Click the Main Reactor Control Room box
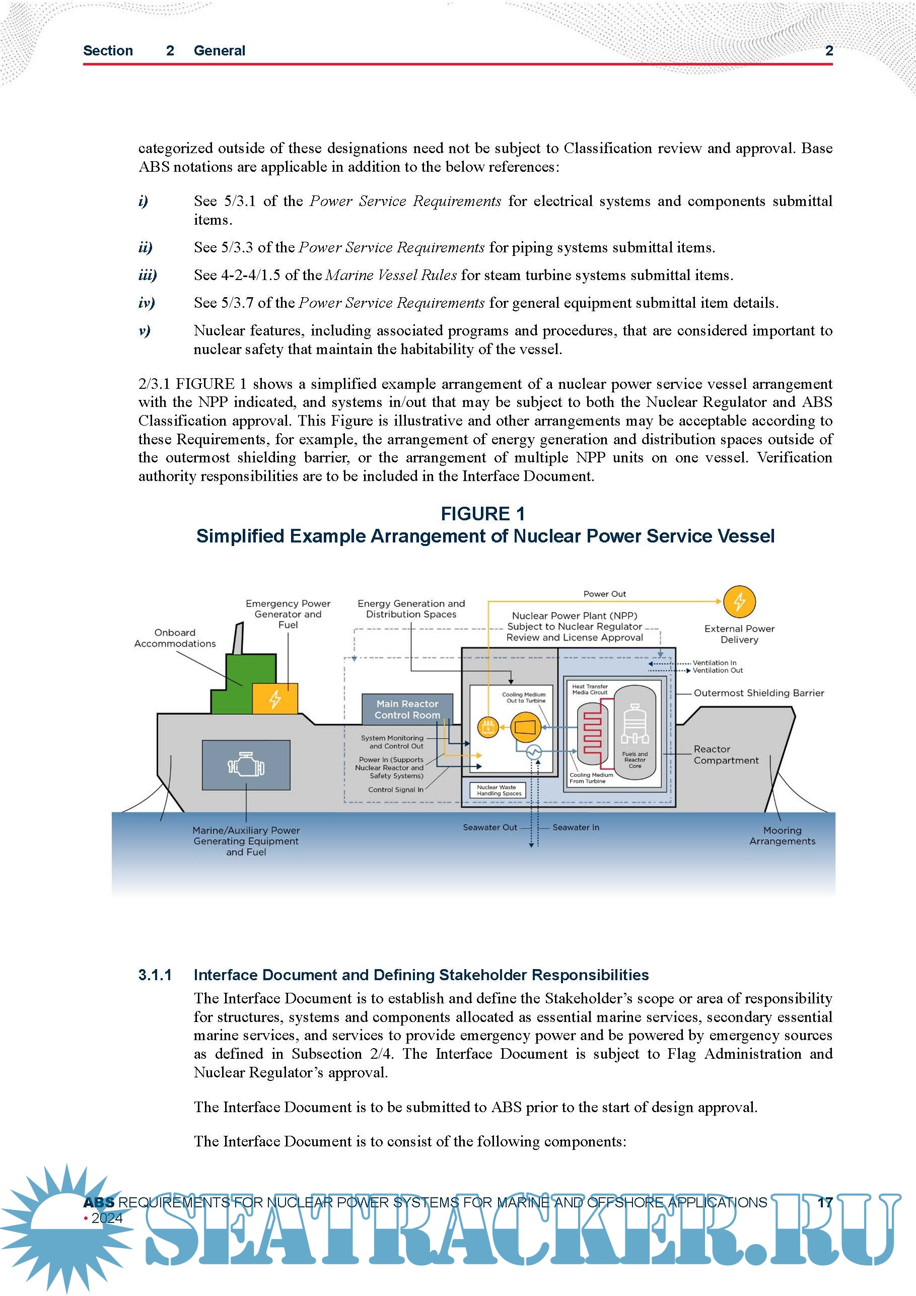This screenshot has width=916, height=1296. (x=407, y=709)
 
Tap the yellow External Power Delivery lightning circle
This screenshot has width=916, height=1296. (x=739, y=602)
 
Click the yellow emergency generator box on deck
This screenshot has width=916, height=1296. (x=275, y=699)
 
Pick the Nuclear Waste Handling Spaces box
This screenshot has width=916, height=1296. (x=496, y=790)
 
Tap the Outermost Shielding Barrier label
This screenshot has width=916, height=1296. (x=758, y=693)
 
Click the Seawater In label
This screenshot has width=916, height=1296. (x=576, y=828)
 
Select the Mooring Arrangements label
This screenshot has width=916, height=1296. (x=782, y=836)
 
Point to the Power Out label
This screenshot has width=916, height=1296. (x=604, y=594)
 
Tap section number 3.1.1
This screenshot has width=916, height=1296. (x=155, y=975)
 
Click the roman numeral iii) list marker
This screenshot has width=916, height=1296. (x=148, y=275)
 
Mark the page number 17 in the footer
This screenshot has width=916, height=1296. (x=824, y=1202)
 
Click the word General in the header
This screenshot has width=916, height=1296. (x=219, y=51)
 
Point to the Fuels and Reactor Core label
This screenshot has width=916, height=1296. (x=635, y=760)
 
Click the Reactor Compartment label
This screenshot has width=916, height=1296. (x=726, y=755)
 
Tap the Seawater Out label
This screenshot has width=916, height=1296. (x=489, y=828)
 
